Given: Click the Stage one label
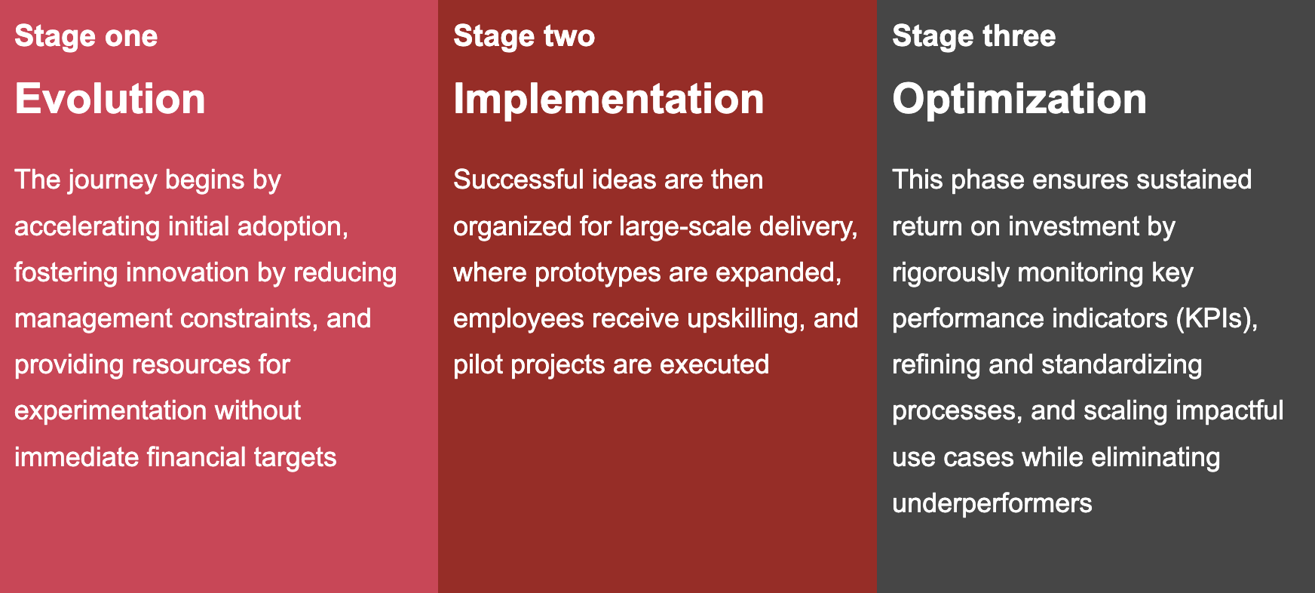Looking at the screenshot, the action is click(x=86, y=36).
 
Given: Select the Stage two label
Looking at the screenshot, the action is click(x=524, y=36).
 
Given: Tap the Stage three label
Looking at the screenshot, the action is click(x=973, y=36).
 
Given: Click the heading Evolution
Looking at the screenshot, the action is click(x=110, y=99).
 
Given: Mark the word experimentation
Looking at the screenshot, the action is click(x=111, y=411).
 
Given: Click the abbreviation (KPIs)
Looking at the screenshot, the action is click(x=1217, y=319).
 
